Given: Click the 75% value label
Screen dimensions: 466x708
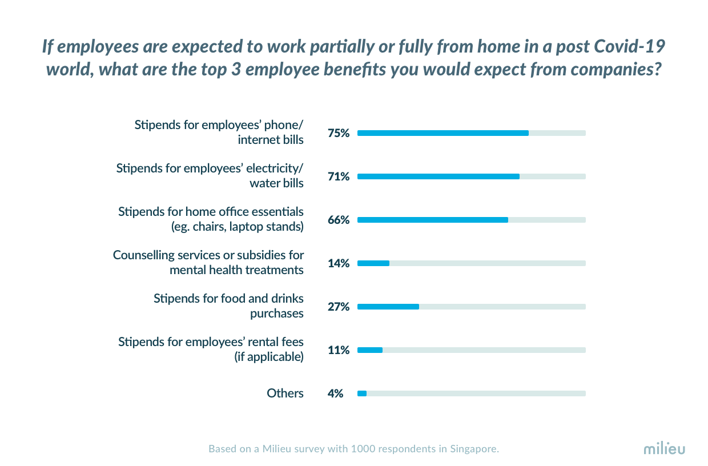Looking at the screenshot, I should [338, 133].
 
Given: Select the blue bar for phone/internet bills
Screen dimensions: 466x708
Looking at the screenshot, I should [443, 133].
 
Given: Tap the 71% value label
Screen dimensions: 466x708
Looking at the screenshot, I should [338, 176].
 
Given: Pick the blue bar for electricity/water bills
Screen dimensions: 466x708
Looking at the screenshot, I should [439, 176].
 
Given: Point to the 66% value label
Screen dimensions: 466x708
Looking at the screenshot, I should [338, 220].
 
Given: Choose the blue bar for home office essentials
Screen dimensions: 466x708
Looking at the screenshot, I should [433, 220].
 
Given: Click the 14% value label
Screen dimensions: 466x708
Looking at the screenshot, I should [338, 263].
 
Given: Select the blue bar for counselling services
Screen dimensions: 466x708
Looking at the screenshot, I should [373, 263].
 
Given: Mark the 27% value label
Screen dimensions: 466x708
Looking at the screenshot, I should [338, 307].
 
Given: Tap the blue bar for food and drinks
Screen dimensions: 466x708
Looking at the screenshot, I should [388, 307].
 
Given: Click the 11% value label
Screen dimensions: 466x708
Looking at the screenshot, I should [338, 350].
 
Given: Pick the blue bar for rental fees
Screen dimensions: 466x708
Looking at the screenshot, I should [370, 350].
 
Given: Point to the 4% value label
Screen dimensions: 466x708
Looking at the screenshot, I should [335, 393].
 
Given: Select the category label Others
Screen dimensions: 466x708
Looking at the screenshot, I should [285, 393].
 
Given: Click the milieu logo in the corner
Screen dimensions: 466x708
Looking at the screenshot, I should [664, 448].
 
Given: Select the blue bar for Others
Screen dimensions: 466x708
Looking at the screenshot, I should [362, 393].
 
